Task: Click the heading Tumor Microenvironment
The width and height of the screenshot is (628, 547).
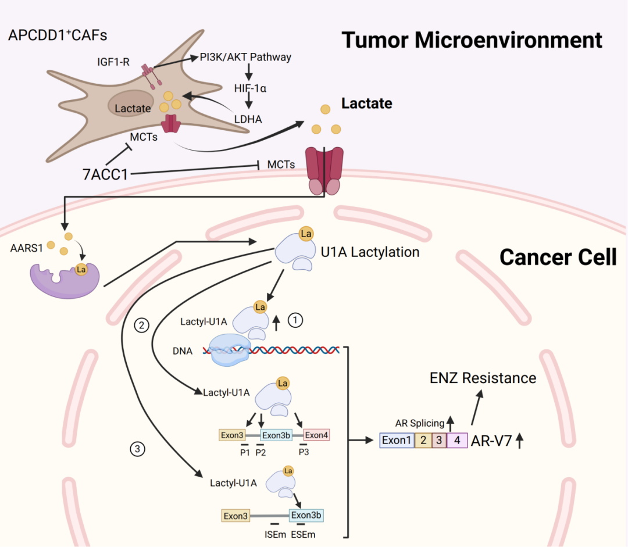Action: coord(472,40)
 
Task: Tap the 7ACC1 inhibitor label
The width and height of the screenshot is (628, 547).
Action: coord(105,174)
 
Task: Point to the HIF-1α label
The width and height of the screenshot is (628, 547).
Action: coord(249,87)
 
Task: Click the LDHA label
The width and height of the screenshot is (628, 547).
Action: coord(249,119)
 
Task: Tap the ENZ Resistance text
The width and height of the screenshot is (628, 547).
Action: coord(483,378)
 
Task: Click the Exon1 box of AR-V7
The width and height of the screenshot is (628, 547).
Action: coord(397,440)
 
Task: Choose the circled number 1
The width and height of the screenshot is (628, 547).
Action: coord(297,319)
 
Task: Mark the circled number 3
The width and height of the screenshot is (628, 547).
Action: coord(137,448)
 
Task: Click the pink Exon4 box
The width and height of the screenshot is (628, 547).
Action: coord(316,435)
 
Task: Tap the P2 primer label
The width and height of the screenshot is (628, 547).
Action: coord(261,452)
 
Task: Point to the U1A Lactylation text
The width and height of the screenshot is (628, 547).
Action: coord(370,252)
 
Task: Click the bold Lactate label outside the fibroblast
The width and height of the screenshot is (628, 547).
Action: coord(366,103)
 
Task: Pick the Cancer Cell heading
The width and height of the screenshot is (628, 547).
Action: coord(558,256)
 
